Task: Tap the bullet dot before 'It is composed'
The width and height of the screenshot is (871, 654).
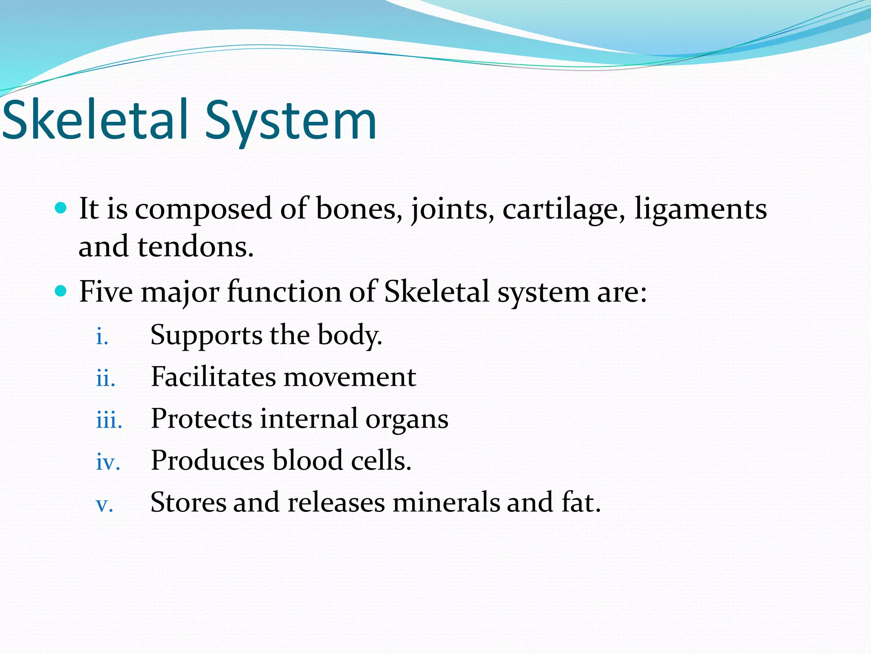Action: pyautogui.click(x=61, y=208)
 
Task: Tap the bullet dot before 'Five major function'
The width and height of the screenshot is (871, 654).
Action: pyautogui.click(x=61, y=291)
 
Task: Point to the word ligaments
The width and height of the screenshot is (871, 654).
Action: pyautogui.click(x=700, y=209)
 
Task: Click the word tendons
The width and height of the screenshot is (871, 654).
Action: pyautogui.click(x=196, y=247)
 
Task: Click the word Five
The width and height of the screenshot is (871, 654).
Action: pyautogui.click(x=106, y=292)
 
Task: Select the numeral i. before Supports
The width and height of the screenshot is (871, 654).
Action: pyautogui.click(x=102, y=337)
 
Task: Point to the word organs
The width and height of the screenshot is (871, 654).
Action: pyautogui.click(x=407, y=420)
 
